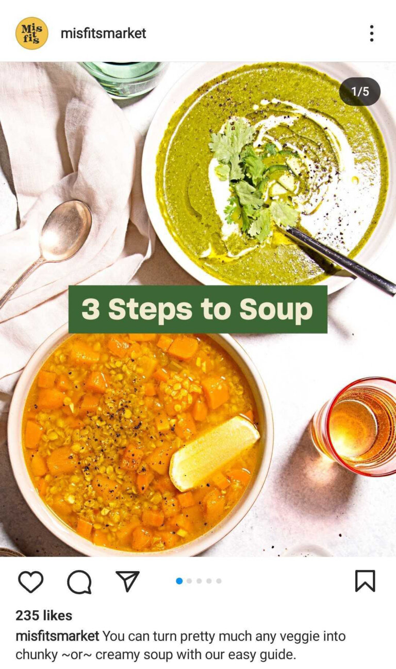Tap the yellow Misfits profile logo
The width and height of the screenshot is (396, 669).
pyautogui.click(x=31, y=33)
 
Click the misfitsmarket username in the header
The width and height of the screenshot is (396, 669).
pyautogui.click(x=104, y=33)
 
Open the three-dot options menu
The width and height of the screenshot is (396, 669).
pyautogui.click(x=371, y=33)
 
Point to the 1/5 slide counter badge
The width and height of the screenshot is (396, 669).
pyautogui.click(x=360, y=91)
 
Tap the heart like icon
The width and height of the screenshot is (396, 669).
pyautogui.click(x=31, y=581)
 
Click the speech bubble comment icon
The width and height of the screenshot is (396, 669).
pyautogui.click(x=79, y=582)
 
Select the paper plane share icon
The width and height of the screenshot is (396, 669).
pyautogui.click(x=127, y=581)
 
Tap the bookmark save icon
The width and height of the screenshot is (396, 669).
pyautogui.click(x=365, y=581)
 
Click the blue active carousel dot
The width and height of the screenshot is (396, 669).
pyautogui.click(x=179, y=581)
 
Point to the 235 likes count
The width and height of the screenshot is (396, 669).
pyautogui.click(x=44, y=615)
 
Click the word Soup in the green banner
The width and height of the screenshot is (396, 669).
pyautogui.click(x=276, y=310)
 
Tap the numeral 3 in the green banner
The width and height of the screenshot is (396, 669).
pyautogui.click(x=91, y=309)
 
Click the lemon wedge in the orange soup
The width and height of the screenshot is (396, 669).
pyautogui.click(x=213, y=454)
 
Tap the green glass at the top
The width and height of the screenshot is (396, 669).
pyautogui.click(x=123, y=79)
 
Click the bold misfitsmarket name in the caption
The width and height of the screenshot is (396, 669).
pyautogui.click(x=57, y=636)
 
